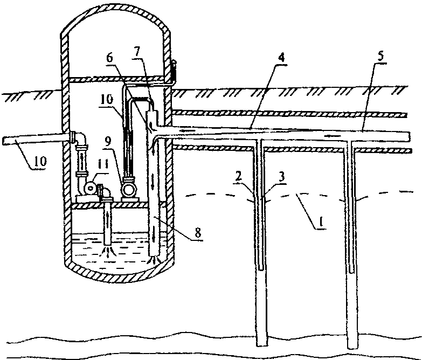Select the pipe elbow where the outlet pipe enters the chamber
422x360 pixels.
[79, 136]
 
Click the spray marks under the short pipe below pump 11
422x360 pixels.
[109, 251]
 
